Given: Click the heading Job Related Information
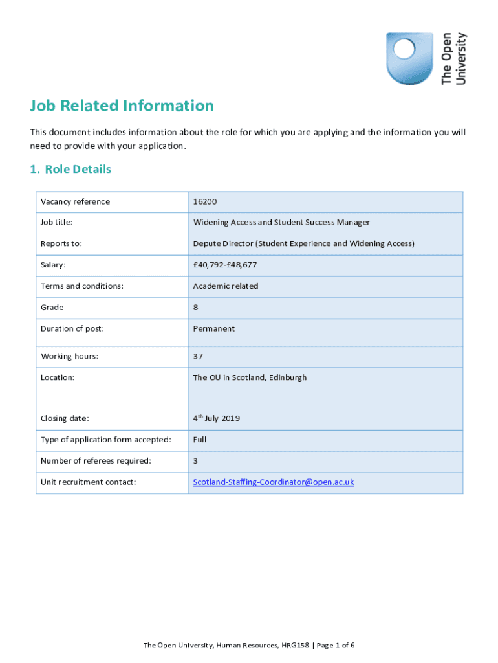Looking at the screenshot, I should pos(122,106).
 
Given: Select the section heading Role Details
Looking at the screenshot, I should pos(70,169).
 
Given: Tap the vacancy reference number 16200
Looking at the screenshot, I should pos(205,202).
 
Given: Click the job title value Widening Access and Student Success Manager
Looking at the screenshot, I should pos(281,223).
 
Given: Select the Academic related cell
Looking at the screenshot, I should pos(225,286).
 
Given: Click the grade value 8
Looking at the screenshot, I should pos(195,308).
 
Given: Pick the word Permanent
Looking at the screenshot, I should pos(213,329).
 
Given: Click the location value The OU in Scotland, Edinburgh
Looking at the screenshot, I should pos(250,377).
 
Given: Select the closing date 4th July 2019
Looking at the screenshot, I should pos(216,418).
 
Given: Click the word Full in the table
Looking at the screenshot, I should pos(199,440).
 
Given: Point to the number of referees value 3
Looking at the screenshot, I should pos(195,461).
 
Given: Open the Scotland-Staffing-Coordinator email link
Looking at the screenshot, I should pos(273,482).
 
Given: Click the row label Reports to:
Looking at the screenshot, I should pos(61,244).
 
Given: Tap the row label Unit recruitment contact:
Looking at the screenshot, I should pos(88,482).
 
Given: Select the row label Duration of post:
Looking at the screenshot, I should pos(72,329).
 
